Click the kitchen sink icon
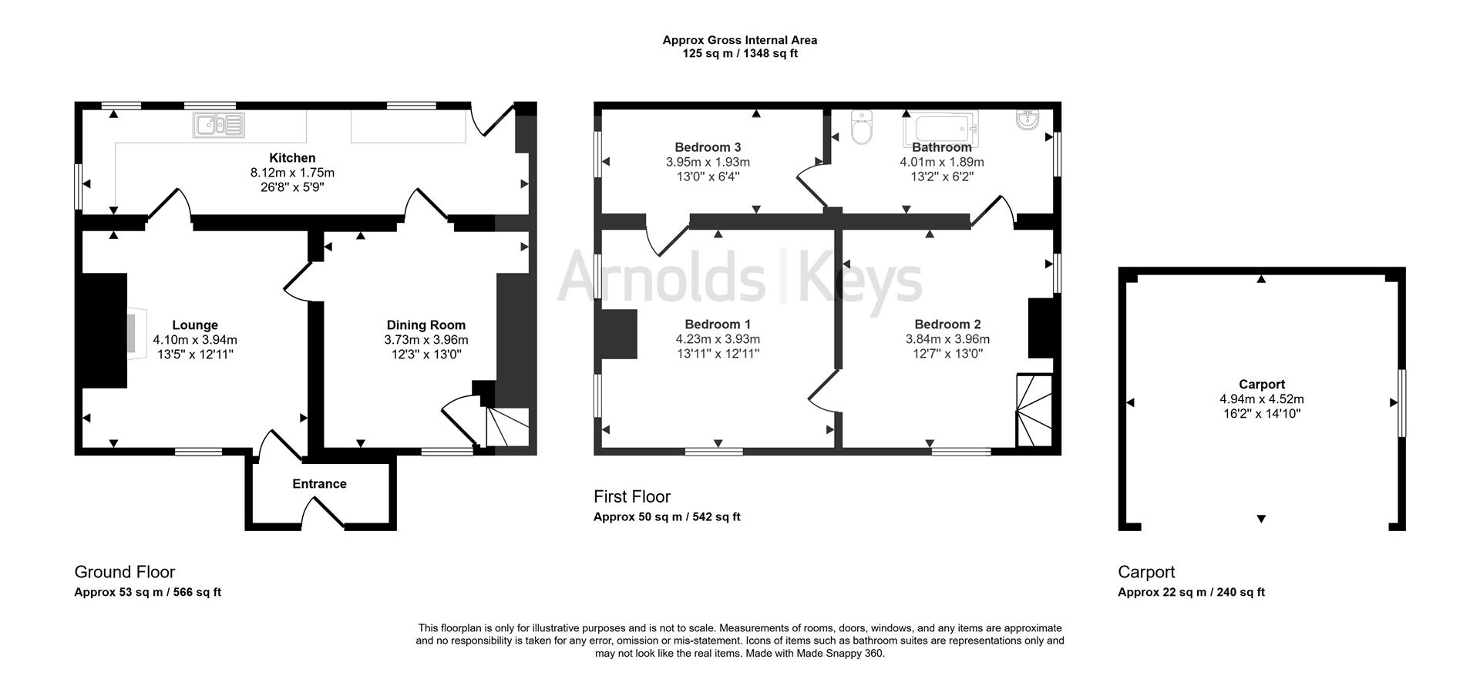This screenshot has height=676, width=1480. point(220,125)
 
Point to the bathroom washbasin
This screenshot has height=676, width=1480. point(1028,119)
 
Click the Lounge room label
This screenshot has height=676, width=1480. point(195,325)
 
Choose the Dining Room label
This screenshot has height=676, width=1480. point(426,325)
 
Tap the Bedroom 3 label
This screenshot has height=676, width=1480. point(708,147)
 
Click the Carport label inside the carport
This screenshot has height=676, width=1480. point(1262,385)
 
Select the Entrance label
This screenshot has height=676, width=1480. point(319,484)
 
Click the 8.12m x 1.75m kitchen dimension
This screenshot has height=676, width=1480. point(292,173)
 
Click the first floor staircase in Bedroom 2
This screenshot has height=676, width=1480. point(1035,411)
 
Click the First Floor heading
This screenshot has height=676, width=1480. point(632,496)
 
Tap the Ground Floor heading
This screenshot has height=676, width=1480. point(125,572)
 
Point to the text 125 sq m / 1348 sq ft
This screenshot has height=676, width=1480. point(740,54)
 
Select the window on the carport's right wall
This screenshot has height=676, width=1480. point(1401,403)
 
